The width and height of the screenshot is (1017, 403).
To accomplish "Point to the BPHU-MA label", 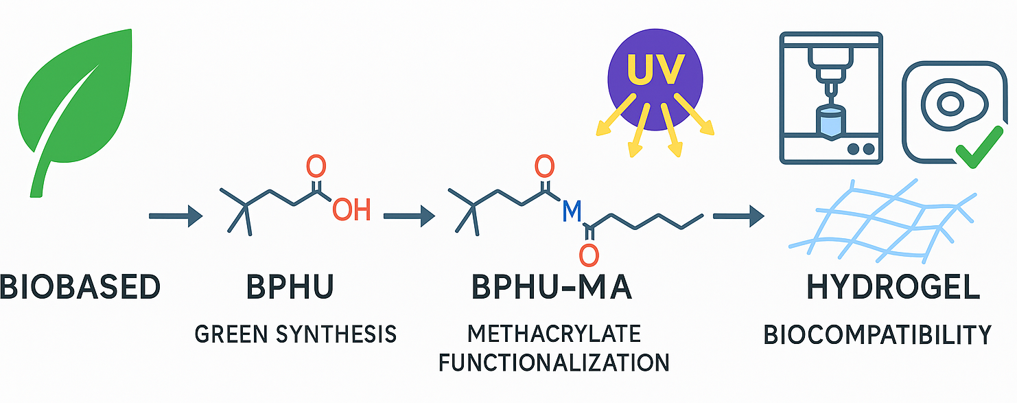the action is click(552, 287).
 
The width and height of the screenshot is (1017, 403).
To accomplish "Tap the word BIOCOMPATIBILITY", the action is click(878, 335).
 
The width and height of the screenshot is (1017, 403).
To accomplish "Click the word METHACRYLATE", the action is click(554, 334).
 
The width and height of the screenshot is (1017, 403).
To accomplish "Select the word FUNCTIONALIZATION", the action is click(554, 362).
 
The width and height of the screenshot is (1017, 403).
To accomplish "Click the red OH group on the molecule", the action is click(351, 209).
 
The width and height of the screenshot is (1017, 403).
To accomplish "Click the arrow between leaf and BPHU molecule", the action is click(176, 217).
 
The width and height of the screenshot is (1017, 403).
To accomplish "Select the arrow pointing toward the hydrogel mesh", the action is click(738, 217).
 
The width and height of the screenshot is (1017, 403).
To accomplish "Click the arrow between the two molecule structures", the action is click(409, 217).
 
